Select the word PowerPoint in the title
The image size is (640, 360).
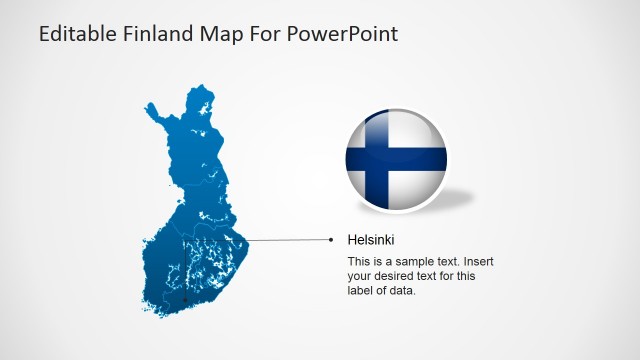[343, 34]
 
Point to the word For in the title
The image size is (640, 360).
[267, 34]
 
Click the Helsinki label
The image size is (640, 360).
[371, 240]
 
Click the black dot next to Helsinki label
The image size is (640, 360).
[331, 240]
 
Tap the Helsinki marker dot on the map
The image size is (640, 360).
[186, 298]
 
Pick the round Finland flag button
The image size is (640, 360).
[395, 161]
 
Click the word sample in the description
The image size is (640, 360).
[410, 262]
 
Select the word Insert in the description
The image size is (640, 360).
[476, 262]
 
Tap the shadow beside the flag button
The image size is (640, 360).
[455, 198]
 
